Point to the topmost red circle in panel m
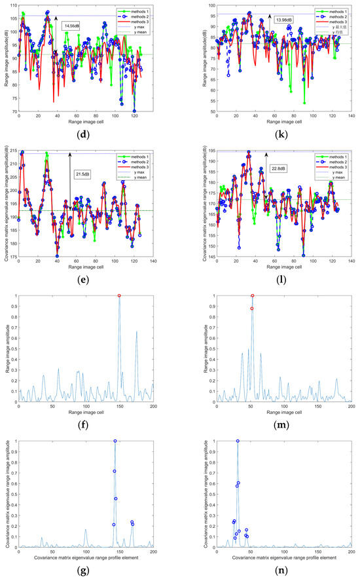[x=252, y=296]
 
